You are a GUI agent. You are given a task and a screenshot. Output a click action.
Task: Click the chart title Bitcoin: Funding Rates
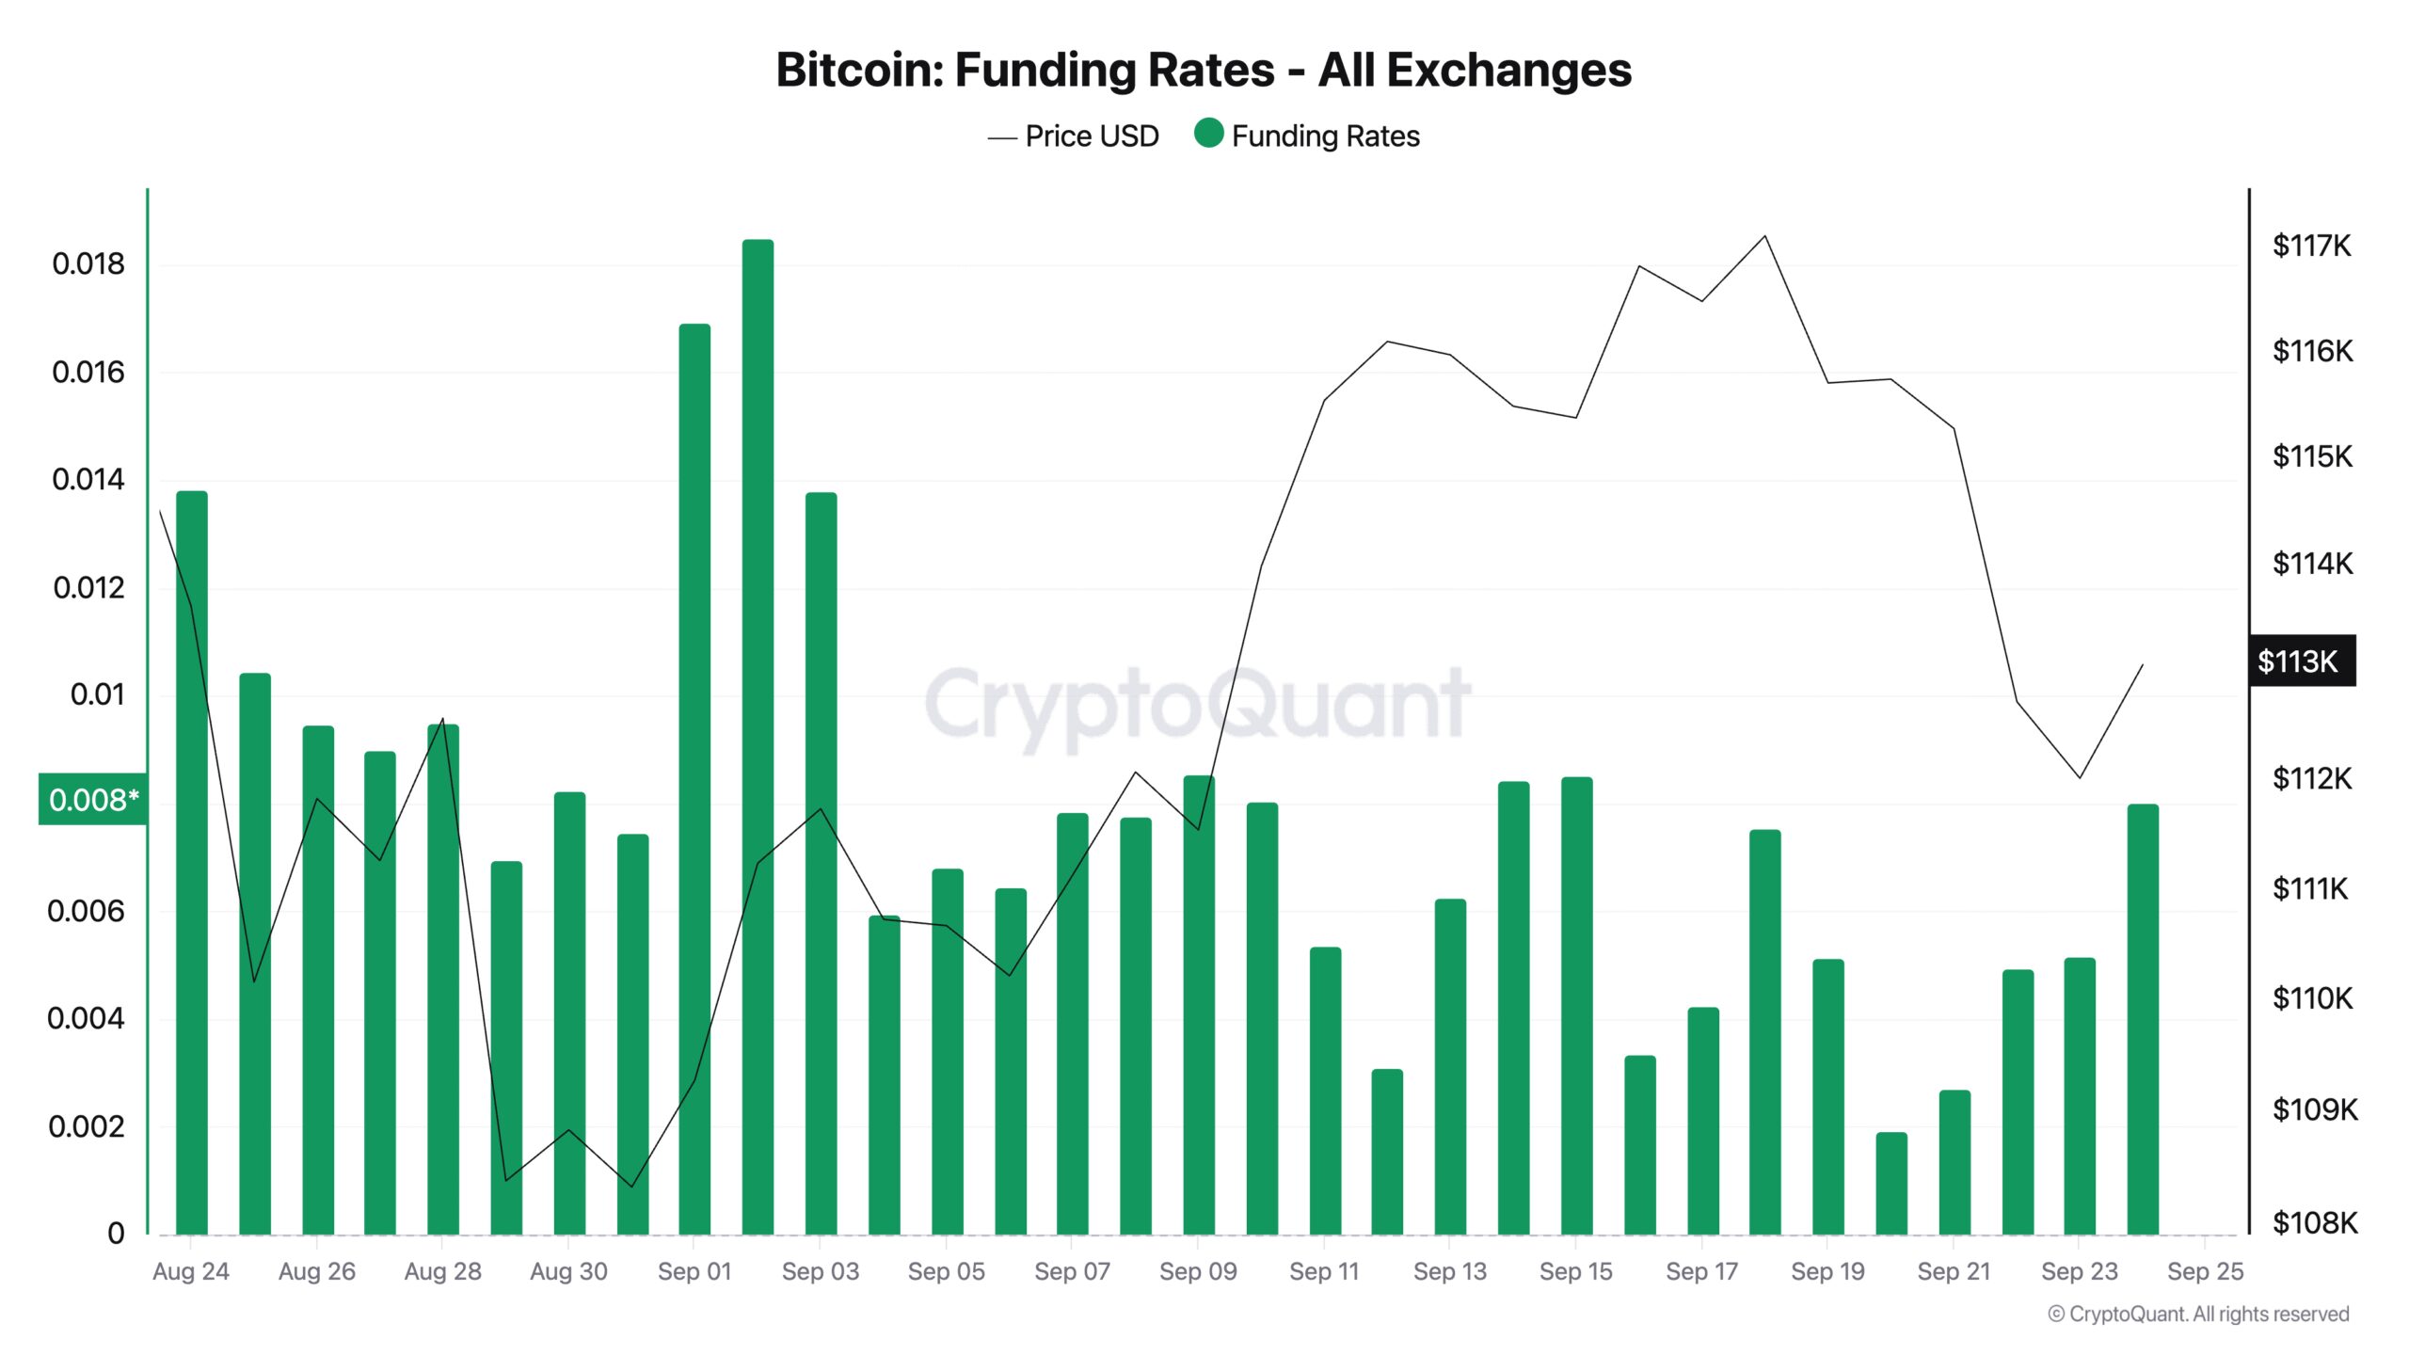pos(1203,70)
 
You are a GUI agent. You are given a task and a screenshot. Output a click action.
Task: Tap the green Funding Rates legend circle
pos(1208,134)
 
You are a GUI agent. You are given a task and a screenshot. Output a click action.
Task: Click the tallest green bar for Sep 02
pos(758,734)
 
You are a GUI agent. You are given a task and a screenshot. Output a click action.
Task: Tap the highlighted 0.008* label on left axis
pos(92,800)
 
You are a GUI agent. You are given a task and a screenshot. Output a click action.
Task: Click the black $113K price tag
pos(2301,662)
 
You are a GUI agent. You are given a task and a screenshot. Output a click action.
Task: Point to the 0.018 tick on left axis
pos(88,264)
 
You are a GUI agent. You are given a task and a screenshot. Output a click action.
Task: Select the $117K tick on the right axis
pos(2311,247)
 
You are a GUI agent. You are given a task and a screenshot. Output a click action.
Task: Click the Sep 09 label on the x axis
pos(1198,1271)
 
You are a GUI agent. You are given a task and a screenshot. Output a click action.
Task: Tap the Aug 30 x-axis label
pos(568,1271)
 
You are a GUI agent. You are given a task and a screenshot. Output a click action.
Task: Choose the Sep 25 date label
pos(2205,1271)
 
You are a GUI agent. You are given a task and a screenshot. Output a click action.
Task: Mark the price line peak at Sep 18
pos(1764,236)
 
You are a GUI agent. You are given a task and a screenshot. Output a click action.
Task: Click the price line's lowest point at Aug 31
pos(631,1187)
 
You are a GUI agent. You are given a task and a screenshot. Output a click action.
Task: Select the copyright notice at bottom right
pos(2198,1315)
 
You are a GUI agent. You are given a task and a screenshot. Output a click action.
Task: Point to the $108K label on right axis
pos(2314,1223)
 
